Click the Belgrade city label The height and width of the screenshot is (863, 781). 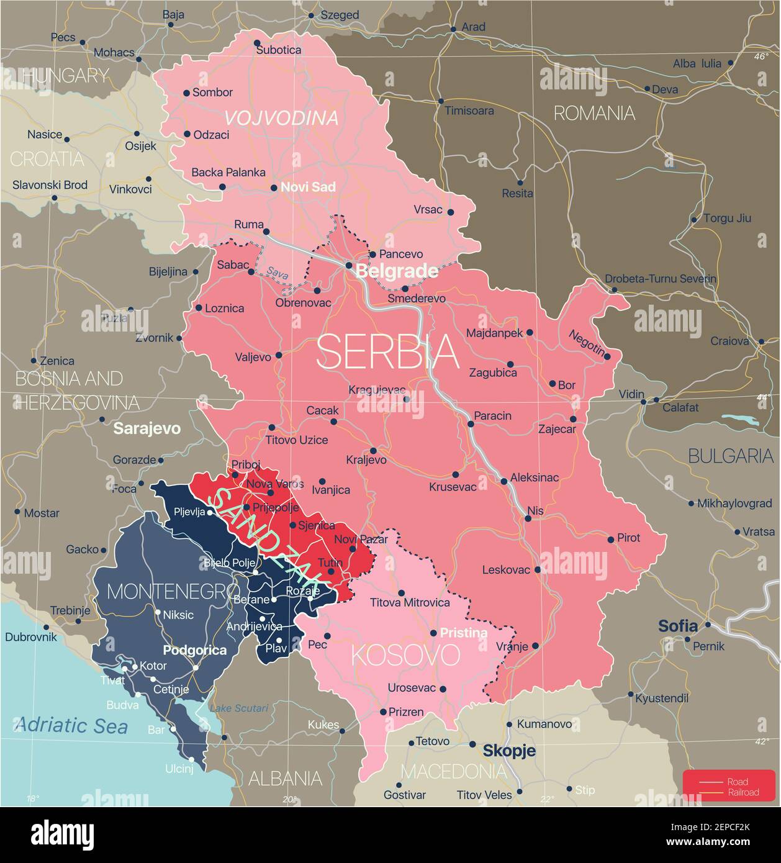click(396, 271)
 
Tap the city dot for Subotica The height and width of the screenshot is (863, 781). click(257, 43)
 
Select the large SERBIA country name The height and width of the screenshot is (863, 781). click(387, 352)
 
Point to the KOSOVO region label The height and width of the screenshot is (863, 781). click(406, 655)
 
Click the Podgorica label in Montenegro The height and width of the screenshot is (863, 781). click(194, 651)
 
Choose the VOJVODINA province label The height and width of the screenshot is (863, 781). click(281, 117)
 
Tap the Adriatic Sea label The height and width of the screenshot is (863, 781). click(71, 725)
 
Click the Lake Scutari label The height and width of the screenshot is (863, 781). click(238, 708)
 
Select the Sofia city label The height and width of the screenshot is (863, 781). click(678, 626)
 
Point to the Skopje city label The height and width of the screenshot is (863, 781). click(509, 751)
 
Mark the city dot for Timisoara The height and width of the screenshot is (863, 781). click(441, 101)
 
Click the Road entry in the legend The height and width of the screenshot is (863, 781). click(738, 782)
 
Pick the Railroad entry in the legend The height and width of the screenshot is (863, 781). click(743, 792)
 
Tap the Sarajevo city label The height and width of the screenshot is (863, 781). click(147, 428)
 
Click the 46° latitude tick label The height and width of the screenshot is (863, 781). click(761, 56)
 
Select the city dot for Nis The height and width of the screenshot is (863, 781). click(528, 518)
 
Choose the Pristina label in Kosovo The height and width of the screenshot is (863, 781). click(463, 633)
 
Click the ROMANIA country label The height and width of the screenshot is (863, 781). click(594, 113)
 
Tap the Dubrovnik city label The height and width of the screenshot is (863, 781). click(31, 636)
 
